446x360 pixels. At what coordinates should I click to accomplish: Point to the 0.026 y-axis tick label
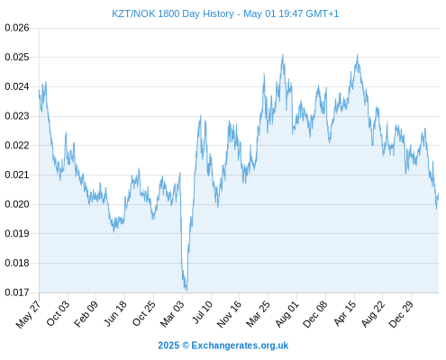click(x=17, y=28)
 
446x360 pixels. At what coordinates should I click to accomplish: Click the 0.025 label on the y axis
click(x=17, y=57)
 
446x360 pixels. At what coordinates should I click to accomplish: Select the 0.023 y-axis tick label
click(x=17, y=116)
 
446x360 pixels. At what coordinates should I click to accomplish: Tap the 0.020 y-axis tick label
click(x=17, y=204)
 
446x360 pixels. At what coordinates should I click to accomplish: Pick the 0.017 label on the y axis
click(x=17, y=292)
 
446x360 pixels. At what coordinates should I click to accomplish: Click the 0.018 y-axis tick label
click(x=17, y=263)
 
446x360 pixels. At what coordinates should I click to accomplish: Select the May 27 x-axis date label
click(x=28, y=314)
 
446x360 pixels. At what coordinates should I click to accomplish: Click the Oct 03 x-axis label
click(x=58, y=313)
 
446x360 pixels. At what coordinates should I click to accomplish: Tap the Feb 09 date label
click(x=86, y=314)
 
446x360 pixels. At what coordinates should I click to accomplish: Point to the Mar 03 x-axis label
click(x=172, y=314)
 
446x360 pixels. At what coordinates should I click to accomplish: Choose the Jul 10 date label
click(x=203, y=312)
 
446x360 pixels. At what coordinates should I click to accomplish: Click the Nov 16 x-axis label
click(x=229, y=314)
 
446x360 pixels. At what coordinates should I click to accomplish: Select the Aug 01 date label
click(x=287, y=314)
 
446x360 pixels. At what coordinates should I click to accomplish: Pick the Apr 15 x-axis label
click(x=345, y=313)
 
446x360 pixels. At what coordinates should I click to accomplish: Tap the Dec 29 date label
click(x=401, y=314)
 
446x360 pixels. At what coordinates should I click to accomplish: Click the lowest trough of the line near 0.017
click(x=187, y=290)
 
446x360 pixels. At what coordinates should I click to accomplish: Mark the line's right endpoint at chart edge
click(x=439, y=193)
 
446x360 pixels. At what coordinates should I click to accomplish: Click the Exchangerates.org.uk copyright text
click(x=223, y=346)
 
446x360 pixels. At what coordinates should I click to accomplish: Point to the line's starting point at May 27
click(x=39, y=90)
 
